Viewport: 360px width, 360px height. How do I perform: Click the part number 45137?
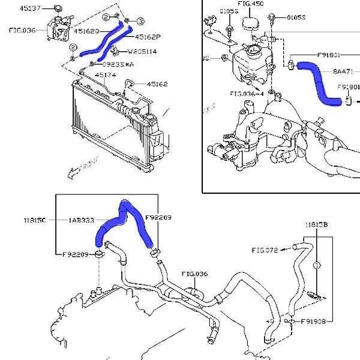(31, 8)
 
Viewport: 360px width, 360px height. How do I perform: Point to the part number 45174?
(106, 75)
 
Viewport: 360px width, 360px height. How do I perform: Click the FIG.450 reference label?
(250, 4)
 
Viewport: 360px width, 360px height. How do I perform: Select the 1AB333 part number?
(82, 221)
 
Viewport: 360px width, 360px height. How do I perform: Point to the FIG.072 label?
(264, 250)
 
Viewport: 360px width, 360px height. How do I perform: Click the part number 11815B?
(316, 225)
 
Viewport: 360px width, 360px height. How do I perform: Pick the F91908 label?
(313, 322)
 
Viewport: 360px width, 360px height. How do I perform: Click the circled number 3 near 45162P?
(139, 22)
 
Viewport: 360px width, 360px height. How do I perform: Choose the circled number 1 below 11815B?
(317, 265)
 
